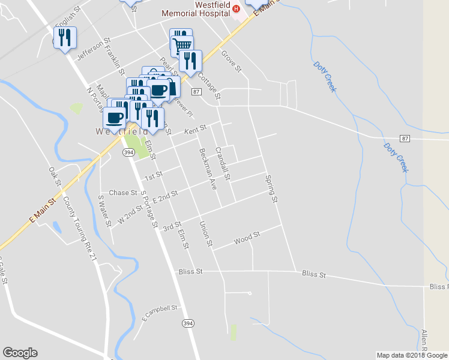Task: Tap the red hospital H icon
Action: point(236,8)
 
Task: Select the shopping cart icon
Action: point(182,44)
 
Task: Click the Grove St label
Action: point(231,62)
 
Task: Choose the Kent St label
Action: point(195,129)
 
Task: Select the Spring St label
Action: point(272,188)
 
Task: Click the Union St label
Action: point(205,235)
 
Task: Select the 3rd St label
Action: point(172,226)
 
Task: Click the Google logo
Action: point(19,353)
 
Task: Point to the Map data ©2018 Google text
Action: point(412,355)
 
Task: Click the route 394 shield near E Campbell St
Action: point(188,323)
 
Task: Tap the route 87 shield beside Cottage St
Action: point(196,92)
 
